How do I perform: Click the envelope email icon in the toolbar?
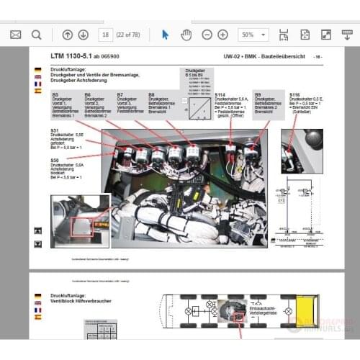(16, 35)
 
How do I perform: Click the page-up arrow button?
(67, 35)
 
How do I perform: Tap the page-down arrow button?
(83, 35)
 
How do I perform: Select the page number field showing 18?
(106, 35)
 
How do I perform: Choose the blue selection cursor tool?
(165, 35)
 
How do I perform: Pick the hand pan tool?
(186, 35)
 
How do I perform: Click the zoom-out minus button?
(207, 35)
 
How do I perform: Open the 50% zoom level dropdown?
(253, 35)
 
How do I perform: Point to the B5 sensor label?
(55, 94)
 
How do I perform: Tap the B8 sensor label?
(152, 94)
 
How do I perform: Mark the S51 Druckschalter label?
(55, 131)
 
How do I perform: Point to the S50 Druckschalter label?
(55, 159)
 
